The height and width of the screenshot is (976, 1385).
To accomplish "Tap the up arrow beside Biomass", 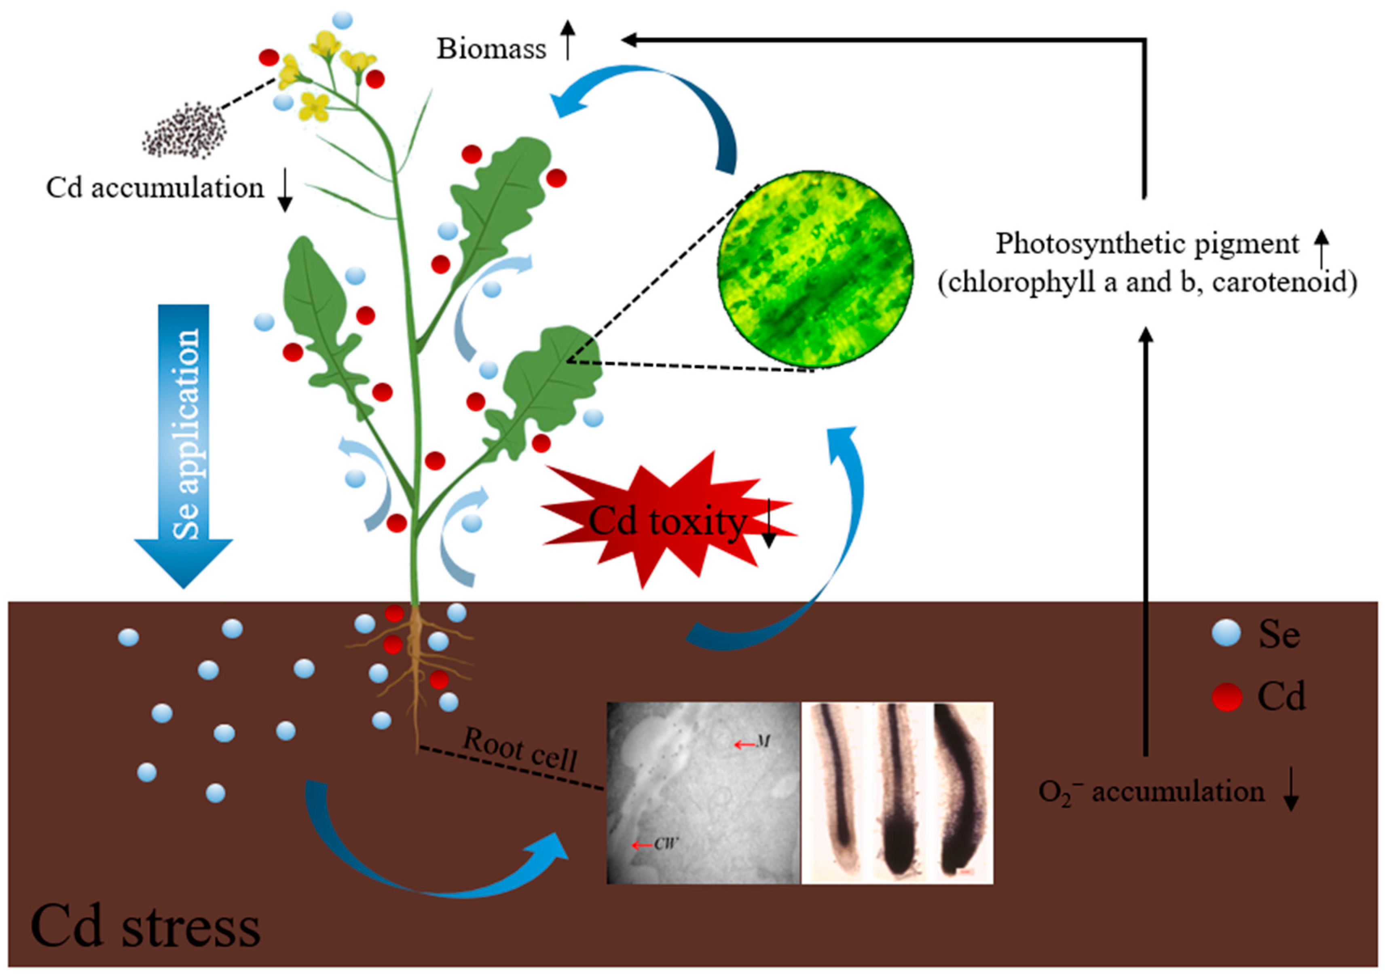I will tap(568, 40).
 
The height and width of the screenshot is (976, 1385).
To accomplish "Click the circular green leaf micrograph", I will tap(815, 269).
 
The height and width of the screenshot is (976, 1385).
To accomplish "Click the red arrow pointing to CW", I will tap(641, 845).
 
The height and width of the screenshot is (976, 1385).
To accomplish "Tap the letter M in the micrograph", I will tap(763, 742).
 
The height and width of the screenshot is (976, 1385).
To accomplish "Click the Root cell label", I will tap(520, 749).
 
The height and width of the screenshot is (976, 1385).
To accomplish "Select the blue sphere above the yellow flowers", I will tap(342, 20).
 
